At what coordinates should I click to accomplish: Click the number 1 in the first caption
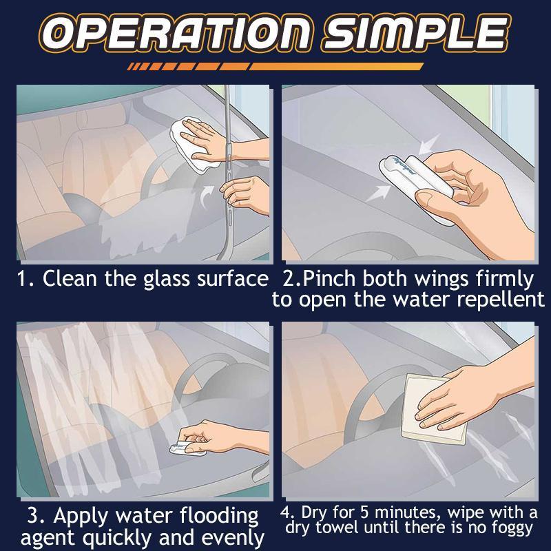tap(21, 279)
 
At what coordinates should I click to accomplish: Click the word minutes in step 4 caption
tap(397, 514)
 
